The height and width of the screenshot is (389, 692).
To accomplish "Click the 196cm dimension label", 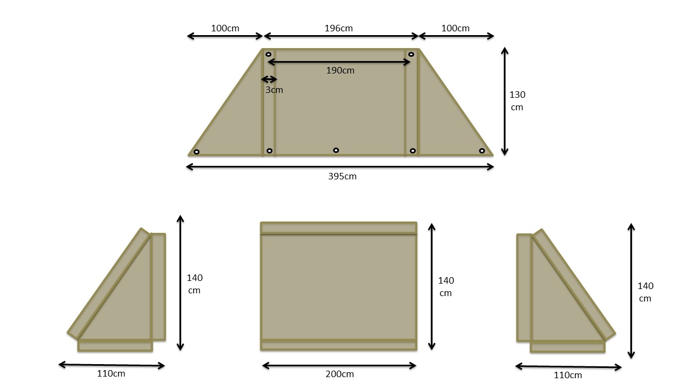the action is (x=338, y=29).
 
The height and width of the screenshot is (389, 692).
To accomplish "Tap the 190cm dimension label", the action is (x=340, y=71).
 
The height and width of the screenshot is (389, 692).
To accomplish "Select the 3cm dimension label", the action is (x=274, y=90).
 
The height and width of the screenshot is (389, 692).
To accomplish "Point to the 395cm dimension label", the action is (x=342, y=177).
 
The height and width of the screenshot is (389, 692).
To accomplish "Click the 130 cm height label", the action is (x=517, y=101).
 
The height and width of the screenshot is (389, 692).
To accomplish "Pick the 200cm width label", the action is (x=340, y=374).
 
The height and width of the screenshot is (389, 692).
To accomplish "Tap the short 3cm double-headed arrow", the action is (x=269, y=79).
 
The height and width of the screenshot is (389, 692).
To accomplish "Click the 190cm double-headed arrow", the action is (x=339, y=62).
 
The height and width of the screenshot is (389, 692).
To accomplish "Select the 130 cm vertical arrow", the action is (x=504, y=101).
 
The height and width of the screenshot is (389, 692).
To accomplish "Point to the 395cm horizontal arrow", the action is (x=340, y=167).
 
